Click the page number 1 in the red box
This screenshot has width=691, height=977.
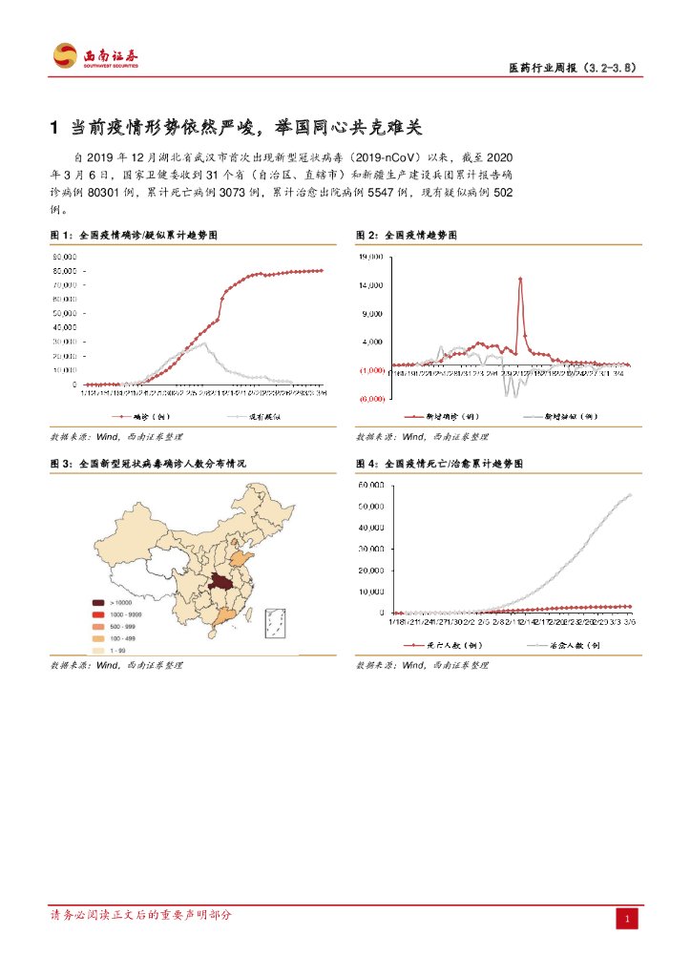click(627, 918)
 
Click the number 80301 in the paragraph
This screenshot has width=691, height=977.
click(108, 192)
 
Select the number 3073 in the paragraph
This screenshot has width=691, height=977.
click(237, 192)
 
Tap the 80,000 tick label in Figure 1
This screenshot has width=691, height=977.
click(65, 257)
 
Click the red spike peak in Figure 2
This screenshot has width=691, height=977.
click(520, 279)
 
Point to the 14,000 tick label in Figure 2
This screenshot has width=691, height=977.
click(371, 285)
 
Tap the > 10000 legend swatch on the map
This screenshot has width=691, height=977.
click(98, 603)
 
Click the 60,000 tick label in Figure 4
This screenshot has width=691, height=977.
click(371, 485)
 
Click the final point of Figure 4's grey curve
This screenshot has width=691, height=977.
click(630, 494)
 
